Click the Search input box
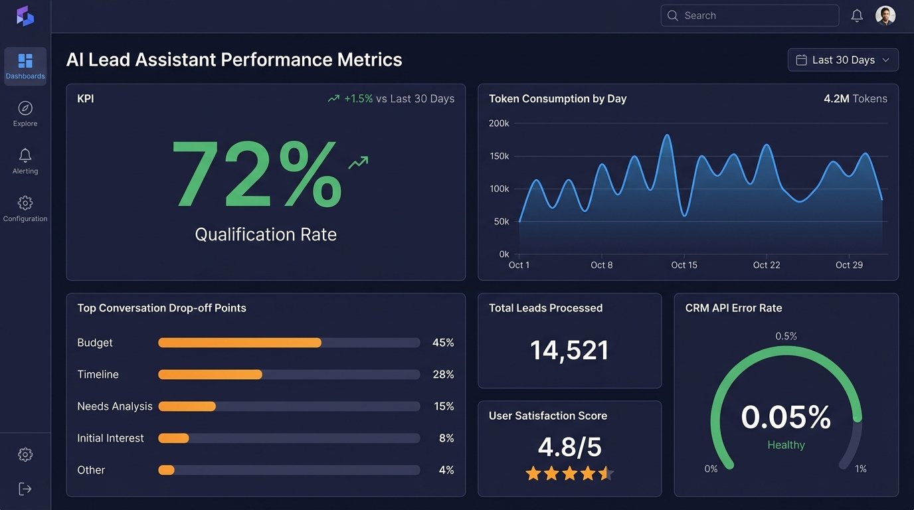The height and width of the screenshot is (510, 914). pos(749,15)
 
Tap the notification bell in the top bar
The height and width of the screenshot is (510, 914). pos(857,15)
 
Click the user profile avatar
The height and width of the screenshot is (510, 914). pos(885,15)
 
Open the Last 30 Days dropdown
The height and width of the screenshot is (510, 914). pos(843,60)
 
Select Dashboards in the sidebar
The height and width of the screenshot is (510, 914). pos(25,66)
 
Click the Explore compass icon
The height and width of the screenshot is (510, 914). pos(25,108)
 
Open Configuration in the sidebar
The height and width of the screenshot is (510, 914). pos(25,209)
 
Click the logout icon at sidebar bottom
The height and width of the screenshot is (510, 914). pos(25,489)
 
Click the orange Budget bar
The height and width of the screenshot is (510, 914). pos(240,343)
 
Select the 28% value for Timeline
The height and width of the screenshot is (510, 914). pos(443,375)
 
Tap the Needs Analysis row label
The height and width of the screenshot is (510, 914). pos(115,406)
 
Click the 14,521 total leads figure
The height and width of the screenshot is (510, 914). pos(569,350)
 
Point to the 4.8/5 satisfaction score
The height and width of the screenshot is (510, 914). pos(569,447)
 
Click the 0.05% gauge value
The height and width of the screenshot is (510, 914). pos(786,417)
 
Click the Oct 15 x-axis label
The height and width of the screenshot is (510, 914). pos(684,265)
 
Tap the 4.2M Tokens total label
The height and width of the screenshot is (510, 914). pos(855,98)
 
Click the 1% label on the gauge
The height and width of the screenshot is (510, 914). pos(860,469)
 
